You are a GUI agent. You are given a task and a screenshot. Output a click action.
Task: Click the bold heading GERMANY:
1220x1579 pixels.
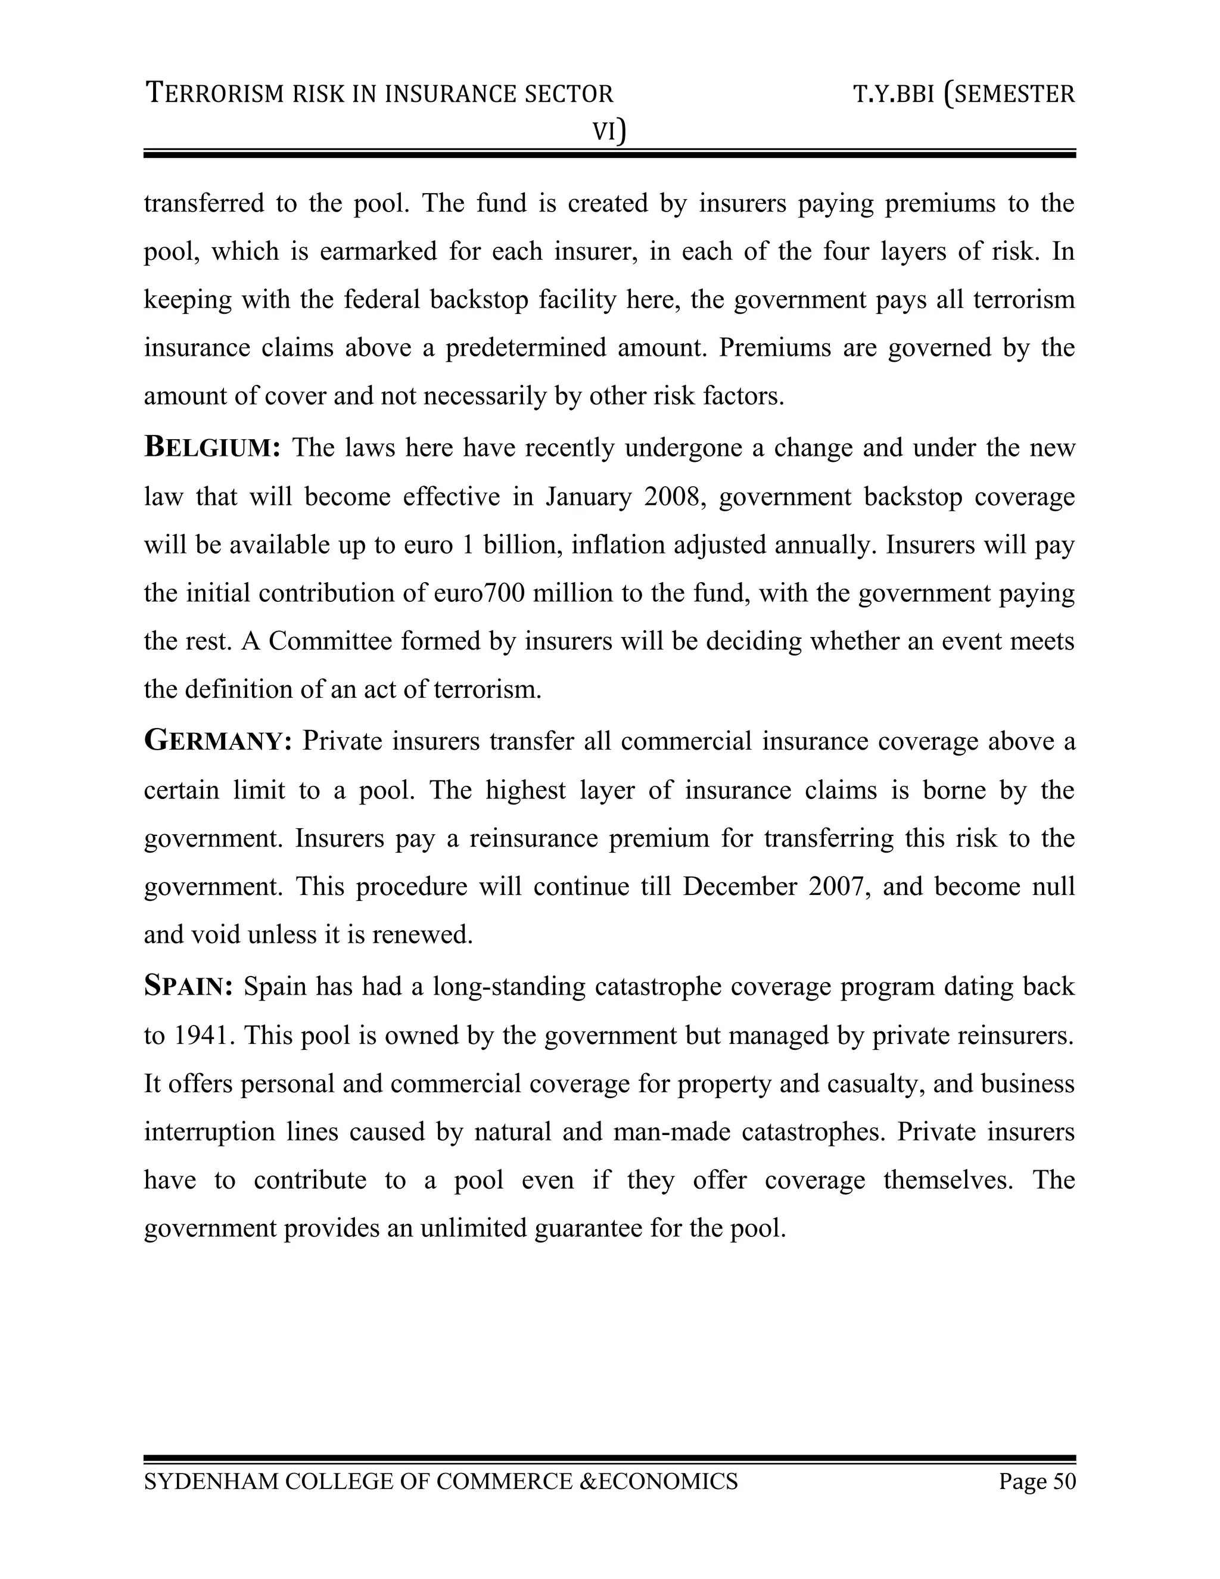click(x=217, y=742)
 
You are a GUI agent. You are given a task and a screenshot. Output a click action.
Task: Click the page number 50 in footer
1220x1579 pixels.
click(x=1064, y=1481)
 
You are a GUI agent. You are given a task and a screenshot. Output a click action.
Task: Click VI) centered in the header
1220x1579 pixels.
click(x=609, y=132)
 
